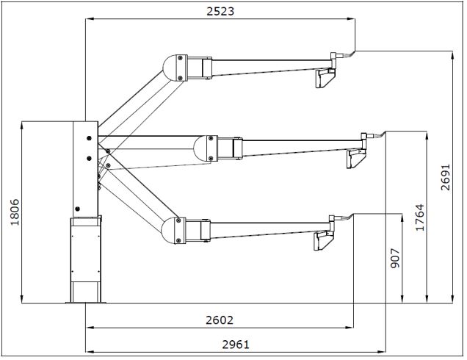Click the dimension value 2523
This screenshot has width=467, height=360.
220,11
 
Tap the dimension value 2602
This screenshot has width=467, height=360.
220,320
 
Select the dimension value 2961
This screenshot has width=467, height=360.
236,345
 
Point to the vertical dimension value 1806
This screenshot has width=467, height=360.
15,212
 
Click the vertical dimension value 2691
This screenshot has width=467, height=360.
446,177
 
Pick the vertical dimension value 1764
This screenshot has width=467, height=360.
420,217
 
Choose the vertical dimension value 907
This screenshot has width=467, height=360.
395,258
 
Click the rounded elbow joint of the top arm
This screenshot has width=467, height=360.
170,68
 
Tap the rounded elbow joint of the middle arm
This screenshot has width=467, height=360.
200,148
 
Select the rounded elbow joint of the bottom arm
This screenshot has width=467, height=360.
168,231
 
